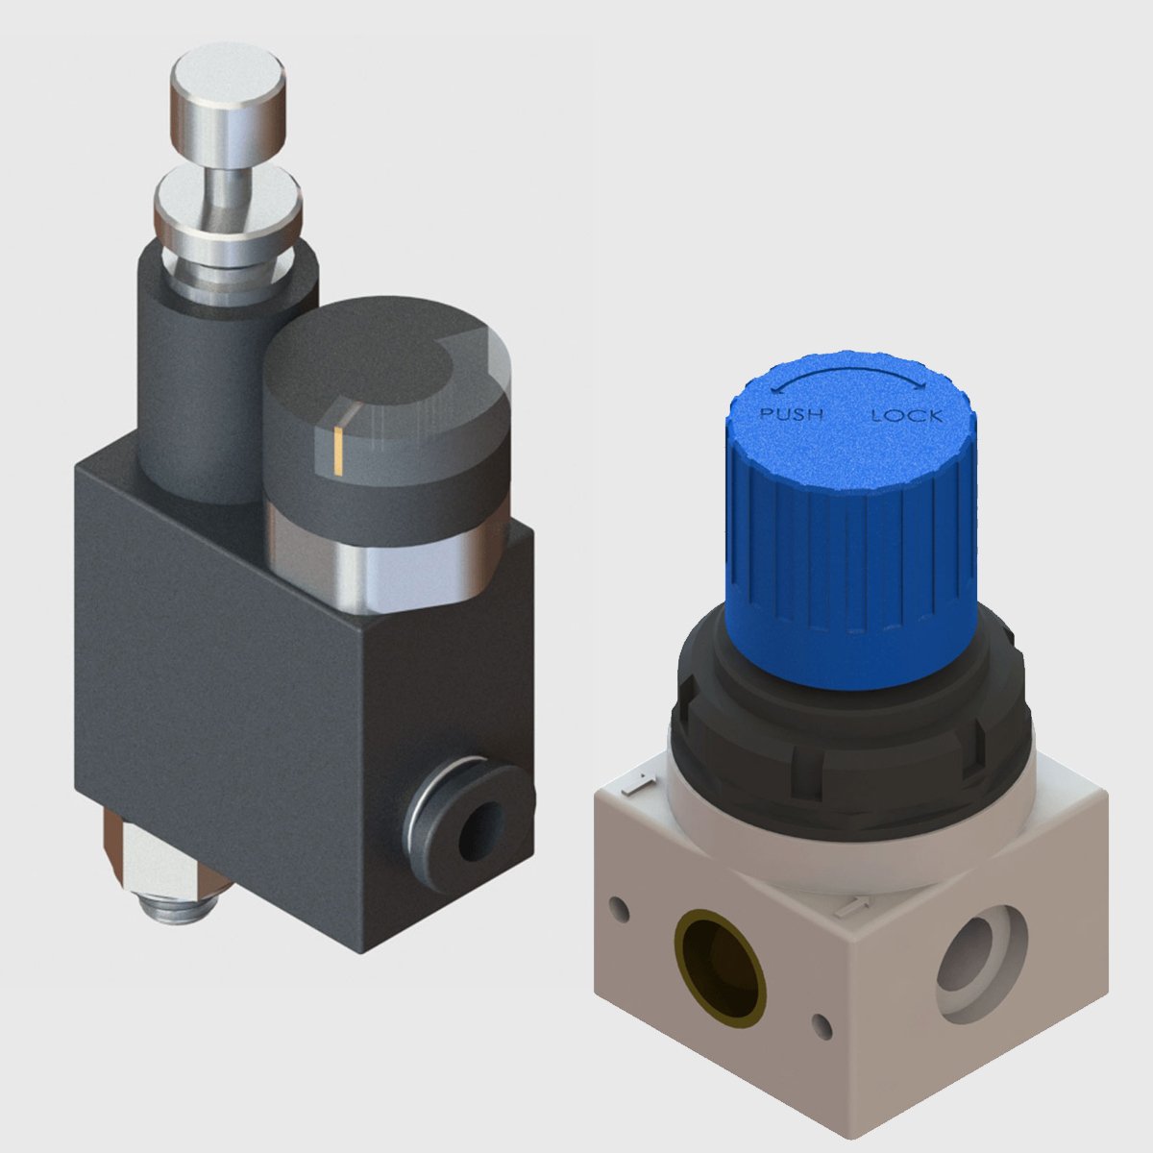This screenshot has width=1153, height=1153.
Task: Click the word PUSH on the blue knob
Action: click(792, 415)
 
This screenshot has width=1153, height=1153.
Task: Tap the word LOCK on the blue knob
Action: click(905, 416)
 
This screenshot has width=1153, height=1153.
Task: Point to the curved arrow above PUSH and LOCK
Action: click(850, 376)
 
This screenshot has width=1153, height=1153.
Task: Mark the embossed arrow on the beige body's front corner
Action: click(847, 903)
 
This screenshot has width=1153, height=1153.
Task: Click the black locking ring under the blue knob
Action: click(850, 730)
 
